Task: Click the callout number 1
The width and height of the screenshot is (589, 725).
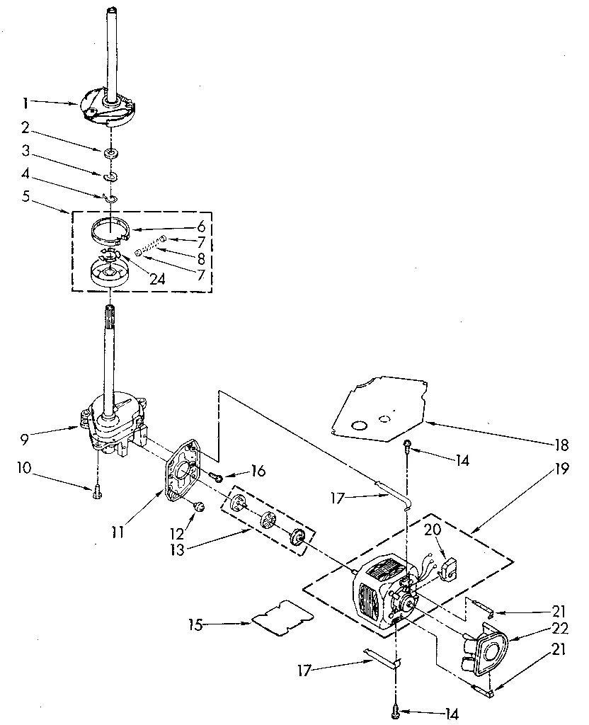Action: (25, 103)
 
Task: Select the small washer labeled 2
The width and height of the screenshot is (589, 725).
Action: (111, 153)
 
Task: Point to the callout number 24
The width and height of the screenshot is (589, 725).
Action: (158, 279)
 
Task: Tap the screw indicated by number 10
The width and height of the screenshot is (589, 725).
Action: (97, 493)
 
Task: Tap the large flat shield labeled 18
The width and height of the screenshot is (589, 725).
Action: (379, 407)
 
